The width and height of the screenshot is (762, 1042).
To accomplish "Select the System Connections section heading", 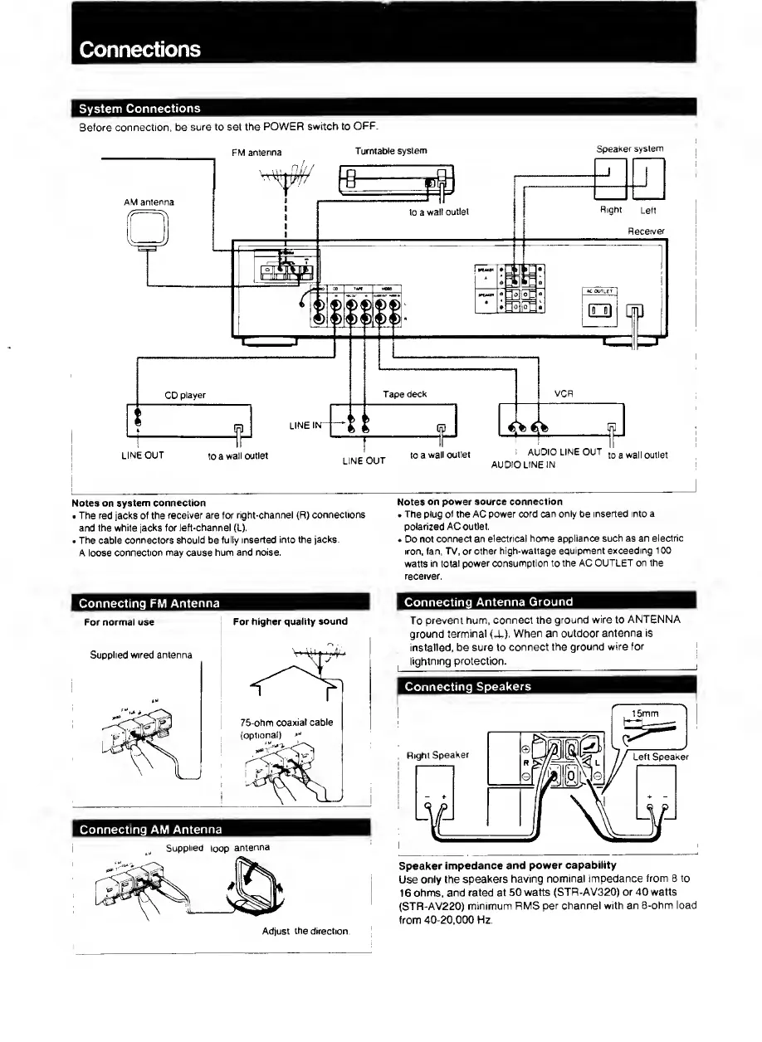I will point(139,109).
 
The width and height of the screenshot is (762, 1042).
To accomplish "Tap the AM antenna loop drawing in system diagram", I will point(149,231).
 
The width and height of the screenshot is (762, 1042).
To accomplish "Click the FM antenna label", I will point(256,152).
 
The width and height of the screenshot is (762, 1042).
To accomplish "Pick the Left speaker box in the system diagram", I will point(649,179).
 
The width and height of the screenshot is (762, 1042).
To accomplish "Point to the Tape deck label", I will point(404,394).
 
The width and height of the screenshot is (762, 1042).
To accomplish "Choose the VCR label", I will point(562,395).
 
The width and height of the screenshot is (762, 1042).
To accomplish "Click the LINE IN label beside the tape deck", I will point(304,426).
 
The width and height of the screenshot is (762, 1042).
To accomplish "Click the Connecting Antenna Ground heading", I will point(489,601).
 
